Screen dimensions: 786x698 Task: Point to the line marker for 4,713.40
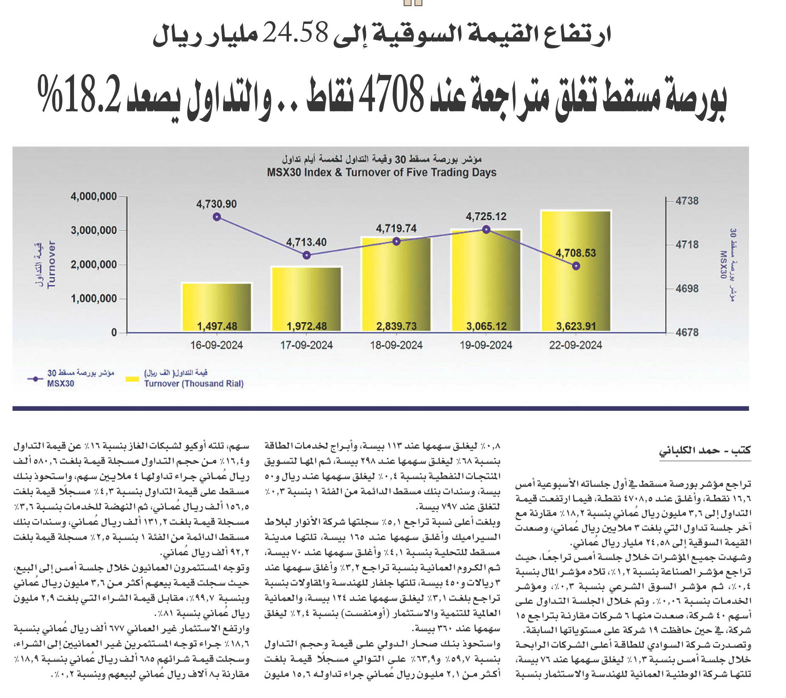(x=307, y=255)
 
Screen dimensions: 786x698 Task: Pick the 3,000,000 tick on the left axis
(x=93, y=231)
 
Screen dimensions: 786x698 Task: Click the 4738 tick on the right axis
(x=687, y=201)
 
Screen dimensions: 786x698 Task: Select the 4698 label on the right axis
(x=687, y=288)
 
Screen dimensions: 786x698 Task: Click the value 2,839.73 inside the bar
(x=396, y=326)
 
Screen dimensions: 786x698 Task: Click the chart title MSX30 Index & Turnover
(x=382, y=172)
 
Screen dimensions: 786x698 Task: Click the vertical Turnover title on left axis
(x=51, y=265)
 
